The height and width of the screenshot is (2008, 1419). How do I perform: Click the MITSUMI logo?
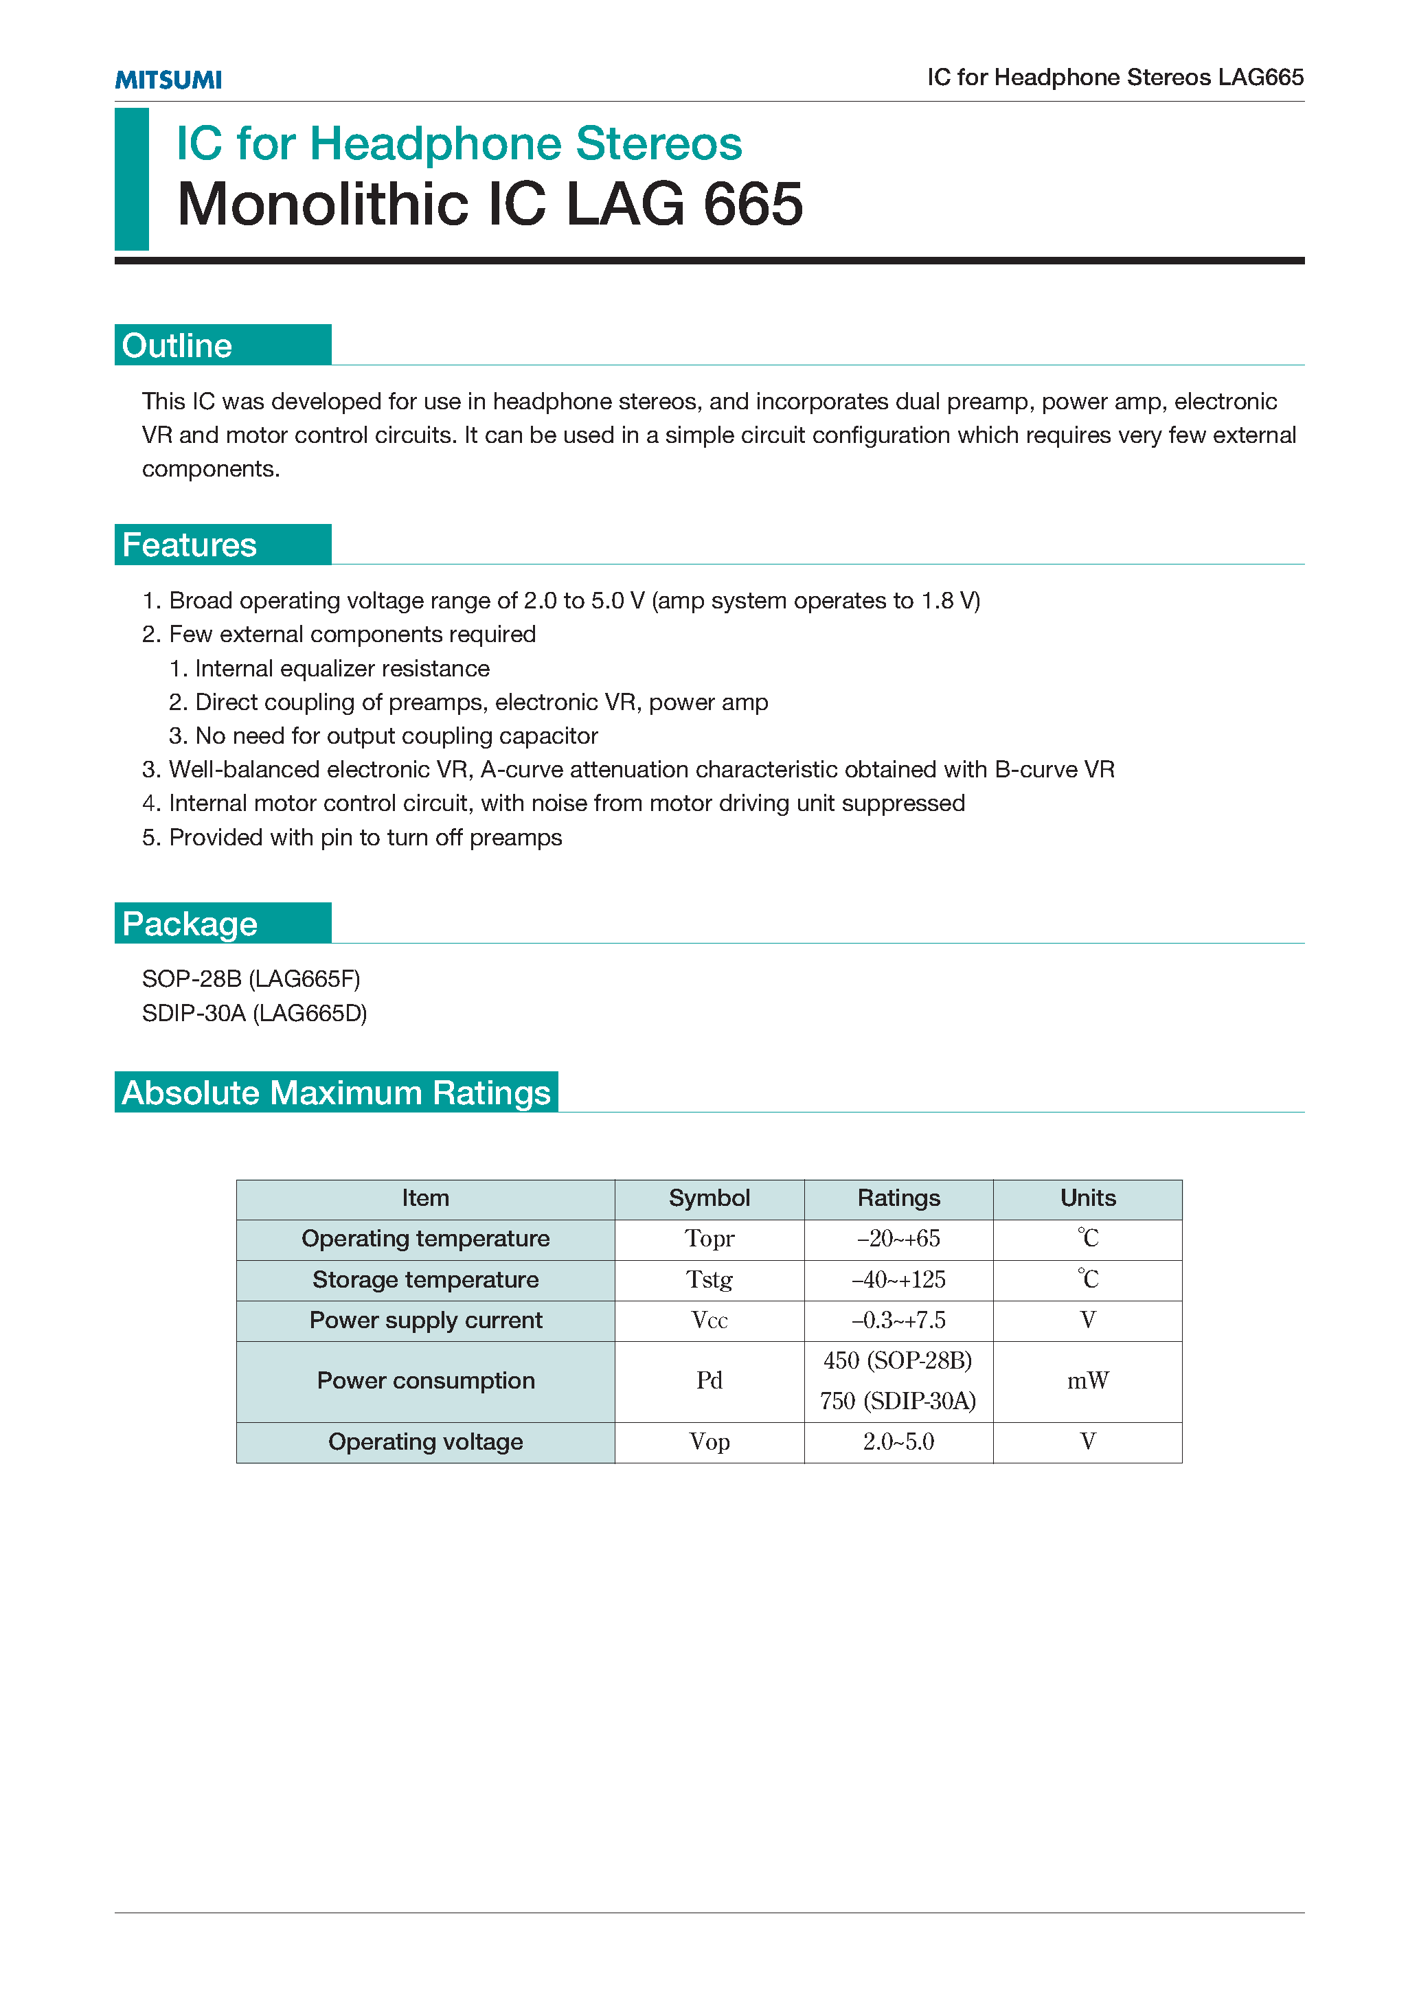pos(168,80)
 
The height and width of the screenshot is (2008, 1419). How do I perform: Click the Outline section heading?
pos(178,345)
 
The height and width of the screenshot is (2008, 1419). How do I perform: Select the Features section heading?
pos(189,545)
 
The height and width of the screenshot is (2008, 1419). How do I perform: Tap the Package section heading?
pos(190,924)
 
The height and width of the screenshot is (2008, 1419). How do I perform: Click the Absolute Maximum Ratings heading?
pos(336,1093)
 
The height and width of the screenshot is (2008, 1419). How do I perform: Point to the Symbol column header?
pos(709,1198)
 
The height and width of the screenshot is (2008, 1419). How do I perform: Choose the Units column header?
pos(1087,1198)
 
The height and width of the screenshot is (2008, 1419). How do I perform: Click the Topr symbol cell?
pos(709,1238)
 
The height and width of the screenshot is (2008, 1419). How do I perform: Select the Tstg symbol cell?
pos(709,1279)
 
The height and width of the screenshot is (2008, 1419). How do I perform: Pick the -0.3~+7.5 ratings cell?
pos(898,1320)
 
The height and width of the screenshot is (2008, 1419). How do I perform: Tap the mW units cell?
pos(1087,1380)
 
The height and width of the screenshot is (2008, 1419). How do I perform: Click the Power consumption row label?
pos(425,1380)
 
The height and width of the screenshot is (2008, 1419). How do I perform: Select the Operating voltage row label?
pos(425,1441)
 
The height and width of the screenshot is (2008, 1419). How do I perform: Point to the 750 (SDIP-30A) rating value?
pos(898,1401)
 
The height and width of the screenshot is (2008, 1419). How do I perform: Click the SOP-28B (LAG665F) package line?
pos(251,979)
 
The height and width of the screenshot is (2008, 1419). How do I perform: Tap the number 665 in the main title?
pos(753,205)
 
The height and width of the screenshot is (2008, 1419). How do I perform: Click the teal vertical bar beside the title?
pos(132,179)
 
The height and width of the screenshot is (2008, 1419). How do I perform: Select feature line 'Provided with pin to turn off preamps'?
pos(365,838)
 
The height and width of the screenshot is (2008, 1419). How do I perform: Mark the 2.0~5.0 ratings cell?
pos(898,1441)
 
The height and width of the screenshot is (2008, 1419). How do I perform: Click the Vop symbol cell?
pos(709,1441)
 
